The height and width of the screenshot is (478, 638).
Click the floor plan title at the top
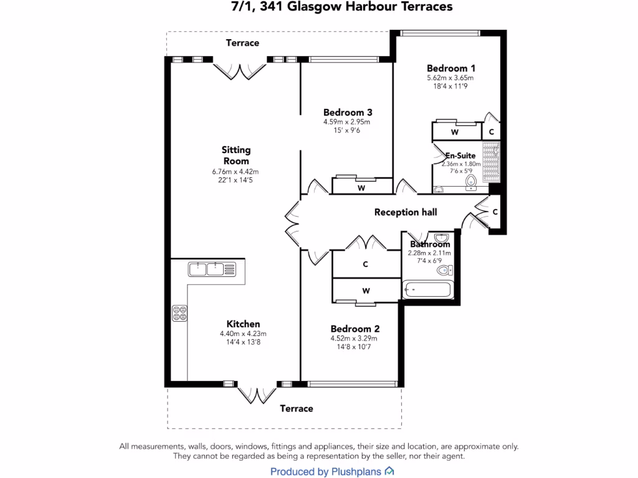[x=337, y=7]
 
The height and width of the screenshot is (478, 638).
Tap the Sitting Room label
[x=236, y=155]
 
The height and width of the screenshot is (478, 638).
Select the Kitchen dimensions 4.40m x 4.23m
[x=243, y=334]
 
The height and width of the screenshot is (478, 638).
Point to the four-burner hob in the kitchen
[x=179, y=313]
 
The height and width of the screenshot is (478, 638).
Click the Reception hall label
[x=406, y=212]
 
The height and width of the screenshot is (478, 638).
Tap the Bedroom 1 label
[x=451, y=68]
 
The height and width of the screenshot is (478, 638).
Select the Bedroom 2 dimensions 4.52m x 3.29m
[x=354, y=339]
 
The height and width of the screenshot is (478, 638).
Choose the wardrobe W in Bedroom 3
[x=361, y=187]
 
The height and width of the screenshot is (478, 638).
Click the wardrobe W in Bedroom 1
[x=455, y=132]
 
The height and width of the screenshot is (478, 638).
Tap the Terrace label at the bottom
[x=296, y=408]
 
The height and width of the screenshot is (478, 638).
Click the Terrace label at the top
[x=242, y=43]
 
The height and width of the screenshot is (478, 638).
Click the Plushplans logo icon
[x=389, y=471]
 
